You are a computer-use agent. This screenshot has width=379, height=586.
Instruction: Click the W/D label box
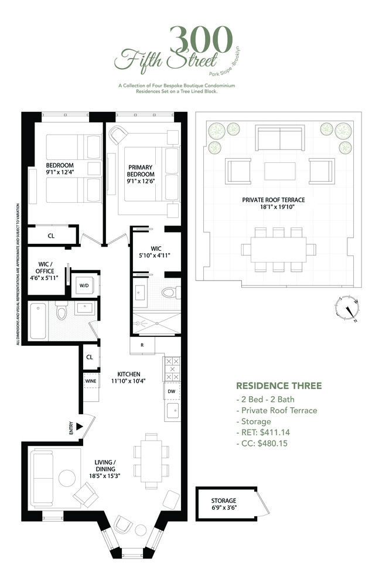pyautogui.click(x=84, y=285)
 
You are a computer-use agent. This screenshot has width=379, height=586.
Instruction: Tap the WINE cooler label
pyautogui.click(x=90, y=380)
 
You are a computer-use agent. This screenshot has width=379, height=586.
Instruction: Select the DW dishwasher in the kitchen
pyautogui.click(x=171, y=391)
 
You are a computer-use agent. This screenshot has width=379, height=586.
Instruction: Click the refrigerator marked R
pyautogui.click(x=142, y=345)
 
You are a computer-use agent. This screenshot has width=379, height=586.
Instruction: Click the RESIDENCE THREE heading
pyautogui.click(x=278, y=386)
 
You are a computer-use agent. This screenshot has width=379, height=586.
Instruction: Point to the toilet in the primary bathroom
pyautogui.click(x=168, y=292)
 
